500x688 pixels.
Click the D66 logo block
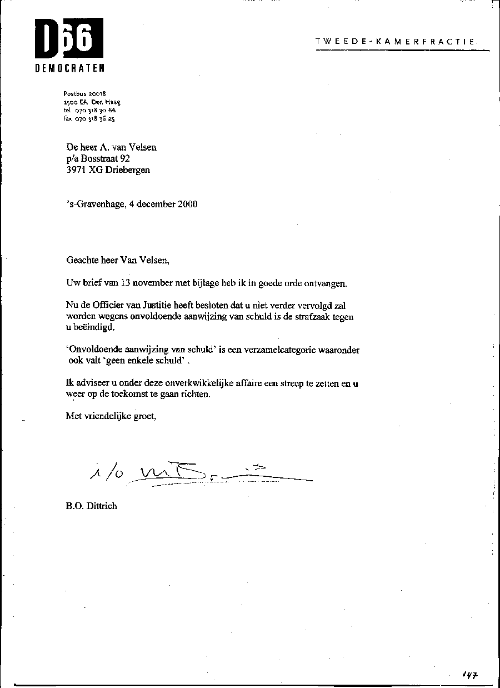click(x=69, y=38)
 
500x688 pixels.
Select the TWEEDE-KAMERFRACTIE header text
click(x=395, y=41)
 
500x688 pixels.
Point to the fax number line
click(x=89, y=118)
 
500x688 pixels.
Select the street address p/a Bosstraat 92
click(x=98, y=158)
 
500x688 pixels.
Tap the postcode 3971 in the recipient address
click(x=76, y=170)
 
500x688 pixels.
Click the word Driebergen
click(x=127, y=170)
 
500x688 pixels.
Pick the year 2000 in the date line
click(x=187, y=204)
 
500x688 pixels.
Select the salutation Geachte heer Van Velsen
click(x=117, y=260)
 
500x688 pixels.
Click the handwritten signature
click(x=200, y=474)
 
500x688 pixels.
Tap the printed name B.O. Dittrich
click(x=92, y=506)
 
